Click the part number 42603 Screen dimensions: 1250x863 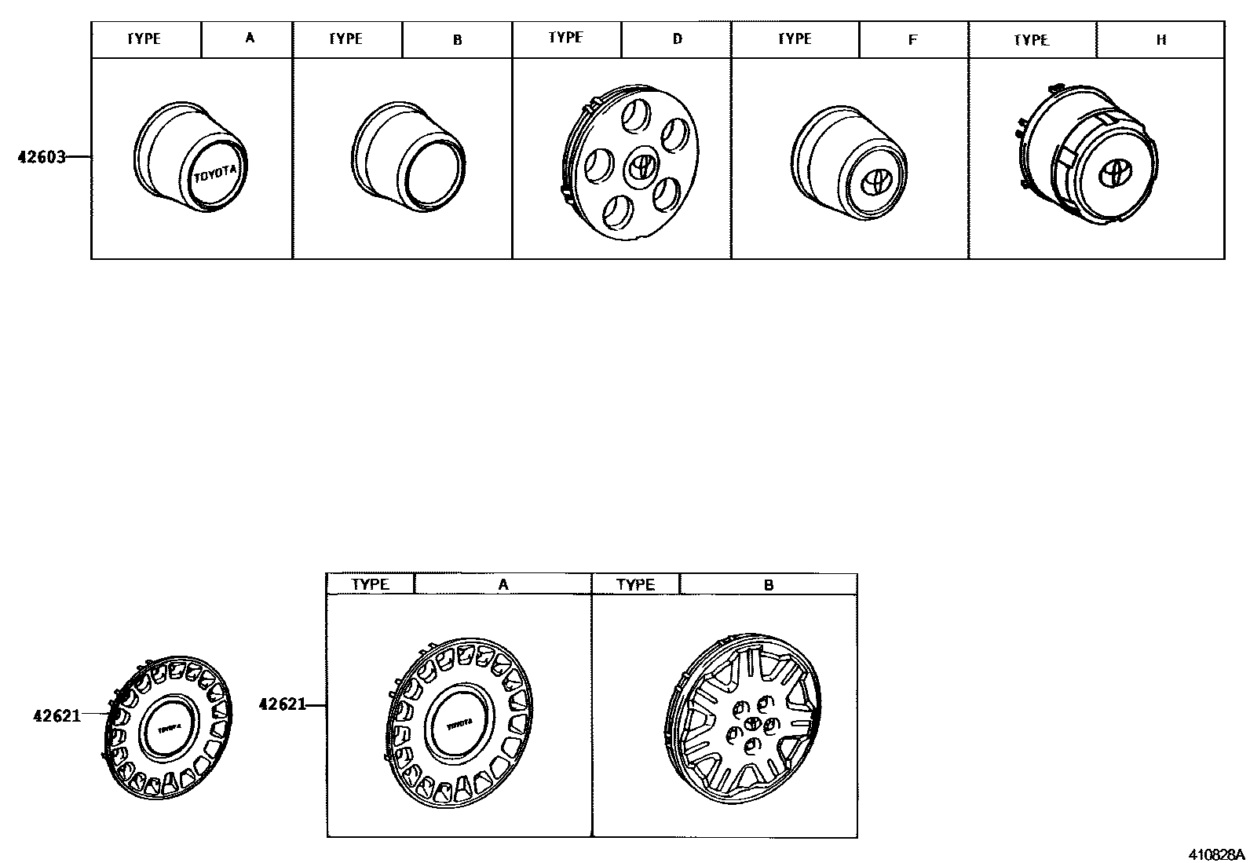(42, 157)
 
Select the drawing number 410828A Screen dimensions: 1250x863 (1216, 854)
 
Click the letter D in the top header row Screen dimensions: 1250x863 (678, 38)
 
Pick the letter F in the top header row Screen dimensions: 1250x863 (913, 39)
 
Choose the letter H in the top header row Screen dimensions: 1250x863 (1161, 39)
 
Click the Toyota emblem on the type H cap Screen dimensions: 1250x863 (1112, 174)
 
